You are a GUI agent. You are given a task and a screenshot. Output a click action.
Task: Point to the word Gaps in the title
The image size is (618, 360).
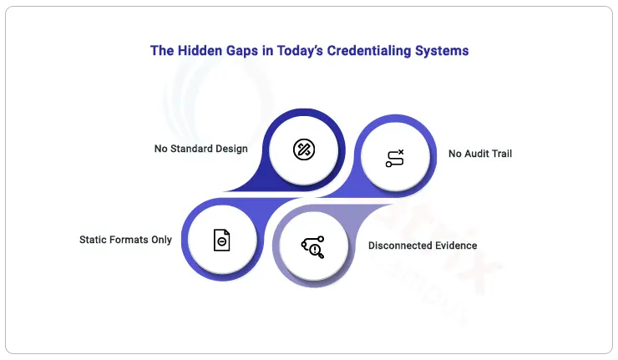[x=242, y=51]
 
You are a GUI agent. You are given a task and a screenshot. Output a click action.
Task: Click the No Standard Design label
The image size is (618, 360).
[x=201, y=149]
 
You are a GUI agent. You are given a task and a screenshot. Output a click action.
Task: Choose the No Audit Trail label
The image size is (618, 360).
[x=480, y=154]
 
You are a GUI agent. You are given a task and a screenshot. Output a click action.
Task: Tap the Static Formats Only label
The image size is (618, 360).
[x=126, y=240]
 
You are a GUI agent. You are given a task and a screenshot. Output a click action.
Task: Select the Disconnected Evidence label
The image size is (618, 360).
[x=423, y=246]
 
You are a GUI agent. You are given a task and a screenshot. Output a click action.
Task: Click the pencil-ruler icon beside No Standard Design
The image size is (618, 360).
[x=304, y=150]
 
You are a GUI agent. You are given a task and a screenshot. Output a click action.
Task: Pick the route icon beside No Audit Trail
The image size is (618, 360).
[x=395, y=158]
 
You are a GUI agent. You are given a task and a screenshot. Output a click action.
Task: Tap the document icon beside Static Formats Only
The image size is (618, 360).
[x=222, y=240]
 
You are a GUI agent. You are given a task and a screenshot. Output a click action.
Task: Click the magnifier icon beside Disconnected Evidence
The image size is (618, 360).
[x=313, y=247]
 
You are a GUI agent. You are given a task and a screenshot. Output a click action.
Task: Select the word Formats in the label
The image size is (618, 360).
[x=129, y=240]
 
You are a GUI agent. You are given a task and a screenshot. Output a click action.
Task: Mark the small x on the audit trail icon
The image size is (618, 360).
[x=401, y=152]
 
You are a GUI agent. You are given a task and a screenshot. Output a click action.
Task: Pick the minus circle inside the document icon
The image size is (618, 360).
[x=222, y=241]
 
